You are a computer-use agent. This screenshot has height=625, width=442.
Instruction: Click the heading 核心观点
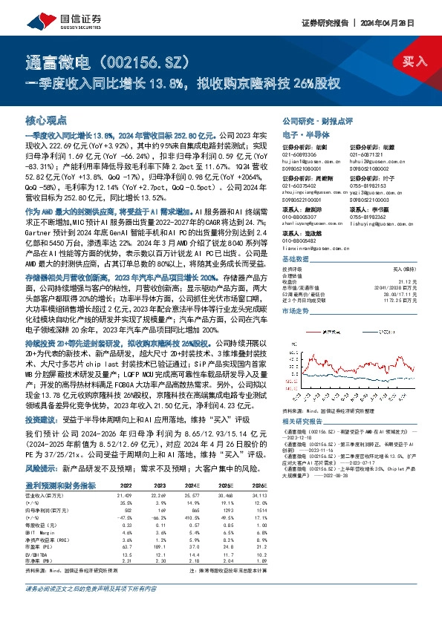[46, 120]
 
